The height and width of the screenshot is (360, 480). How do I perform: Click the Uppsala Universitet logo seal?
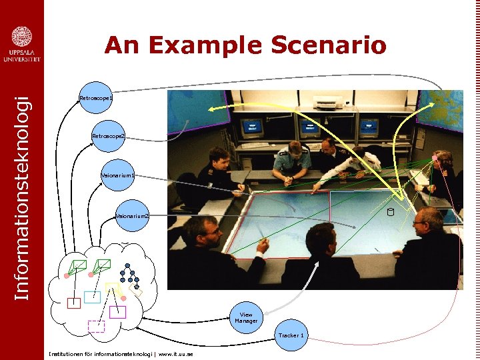pyautogui.click(x=21, y=37)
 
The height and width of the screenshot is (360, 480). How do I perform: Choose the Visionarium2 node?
pyautogui.click(x=132, y=216)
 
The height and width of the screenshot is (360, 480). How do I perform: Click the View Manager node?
pyautogui.click(x=246, y=318)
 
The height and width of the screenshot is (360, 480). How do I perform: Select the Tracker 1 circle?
pyautogui.click(x=291, y=335)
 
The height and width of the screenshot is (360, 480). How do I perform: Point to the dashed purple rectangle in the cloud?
pyautogui.click(x=97, y=326)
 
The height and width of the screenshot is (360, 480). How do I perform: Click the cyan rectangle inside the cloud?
pyautogui.click(x=92, y=297)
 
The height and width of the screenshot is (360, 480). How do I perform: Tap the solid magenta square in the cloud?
pyautogui.click(x=117, y=312)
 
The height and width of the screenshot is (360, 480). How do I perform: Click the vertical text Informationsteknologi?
pyautogui.click(x=21, y=197)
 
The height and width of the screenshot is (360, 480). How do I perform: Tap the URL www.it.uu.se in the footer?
pyautogui.click(x=176, y=354)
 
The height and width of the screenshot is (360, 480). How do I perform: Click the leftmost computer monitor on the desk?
pyautogui.click(x=251, y=127)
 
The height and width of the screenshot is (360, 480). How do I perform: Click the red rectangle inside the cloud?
pyautogui.click(x=74, y=303)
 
